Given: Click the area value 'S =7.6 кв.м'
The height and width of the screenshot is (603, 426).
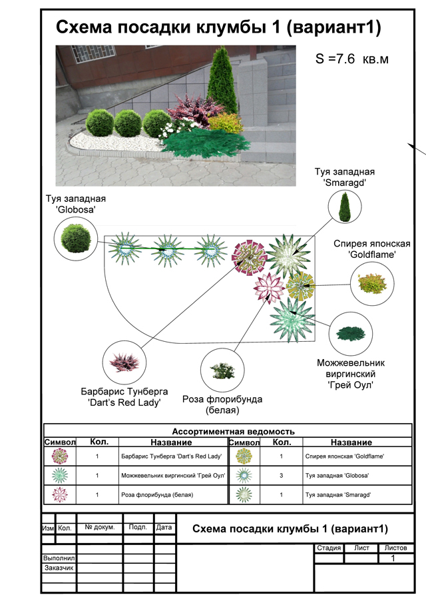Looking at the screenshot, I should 351,59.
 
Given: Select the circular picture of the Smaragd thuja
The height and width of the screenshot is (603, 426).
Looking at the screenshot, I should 344,206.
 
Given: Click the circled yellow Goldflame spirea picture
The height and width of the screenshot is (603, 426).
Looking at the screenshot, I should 370,283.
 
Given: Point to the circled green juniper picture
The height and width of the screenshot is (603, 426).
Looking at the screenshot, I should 351,332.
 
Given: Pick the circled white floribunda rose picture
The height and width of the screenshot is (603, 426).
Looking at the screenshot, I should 220,368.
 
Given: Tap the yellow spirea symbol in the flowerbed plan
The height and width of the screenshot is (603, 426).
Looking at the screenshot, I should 300,286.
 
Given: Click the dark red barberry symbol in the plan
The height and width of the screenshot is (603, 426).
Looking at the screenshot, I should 250,257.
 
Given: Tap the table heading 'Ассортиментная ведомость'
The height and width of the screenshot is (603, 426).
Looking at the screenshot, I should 233,431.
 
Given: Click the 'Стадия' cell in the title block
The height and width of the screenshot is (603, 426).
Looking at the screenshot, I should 329,548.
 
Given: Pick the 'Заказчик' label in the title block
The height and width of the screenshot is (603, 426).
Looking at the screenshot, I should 59,568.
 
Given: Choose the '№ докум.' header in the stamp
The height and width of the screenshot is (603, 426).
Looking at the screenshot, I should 100,527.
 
